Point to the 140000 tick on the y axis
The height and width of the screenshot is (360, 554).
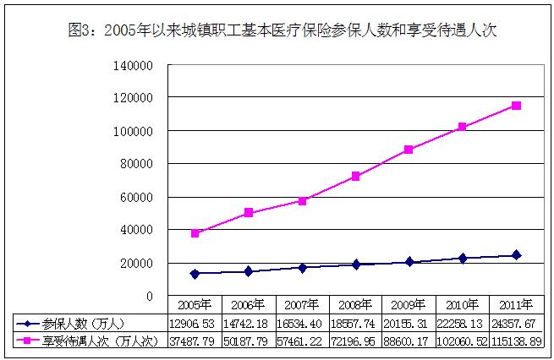135,65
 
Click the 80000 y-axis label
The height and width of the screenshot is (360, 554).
138,164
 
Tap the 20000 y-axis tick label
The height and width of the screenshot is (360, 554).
138,263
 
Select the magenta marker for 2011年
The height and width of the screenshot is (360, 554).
516,106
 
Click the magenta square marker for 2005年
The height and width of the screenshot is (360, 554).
195,233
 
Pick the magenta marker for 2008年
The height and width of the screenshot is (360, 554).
356,177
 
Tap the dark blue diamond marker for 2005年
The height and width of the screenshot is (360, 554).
195,274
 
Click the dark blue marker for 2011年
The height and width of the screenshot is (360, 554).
516,255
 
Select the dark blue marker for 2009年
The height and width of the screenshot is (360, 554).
409,262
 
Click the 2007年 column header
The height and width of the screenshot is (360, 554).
303,305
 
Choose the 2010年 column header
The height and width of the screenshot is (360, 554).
463,305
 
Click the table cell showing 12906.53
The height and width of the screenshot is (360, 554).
195,323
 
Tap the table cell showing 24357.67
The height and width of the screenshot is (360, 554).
516,323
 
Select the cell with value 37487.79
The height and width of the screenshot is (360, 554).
195,340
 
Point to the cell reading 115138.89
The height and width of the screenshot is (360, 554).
516,340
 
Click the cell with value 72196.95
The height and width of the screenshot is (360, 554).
356,340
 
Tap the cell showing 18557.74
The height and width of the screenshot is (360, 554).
356,323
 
